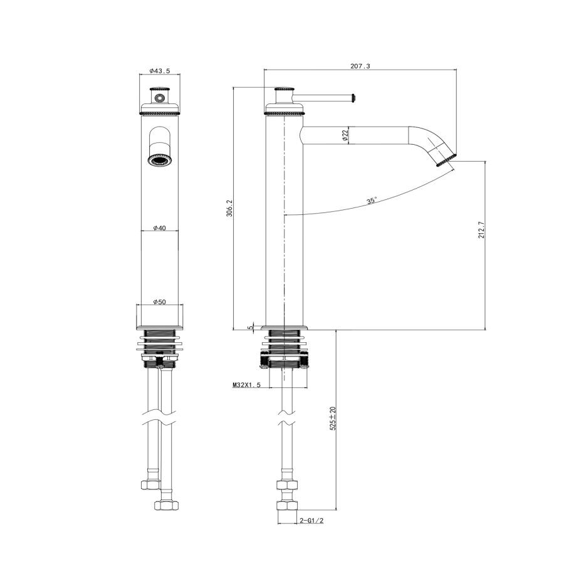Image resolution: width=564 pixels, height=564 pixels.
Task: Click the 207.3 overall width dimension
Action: pyautogui.click(x=360, y=66)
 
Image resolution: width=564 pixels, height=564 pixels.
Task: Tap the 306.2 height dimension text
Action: pyautogui.click(x=229, y=208)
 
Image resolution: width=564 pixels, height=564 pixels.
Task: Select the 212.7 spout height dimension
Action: pyautogui.click(x=481, y=230)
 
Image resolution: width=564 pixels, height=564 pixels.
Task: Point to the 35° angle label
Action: pyautogui.click(x=372, y=201)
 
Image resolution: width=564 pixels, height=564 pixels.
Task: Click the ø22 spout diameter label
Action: pyautogui.click(x=345, y=135)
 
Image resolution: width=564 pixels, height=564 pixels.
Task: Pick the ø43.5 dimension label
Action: pyautogui.click(x=159, y=71)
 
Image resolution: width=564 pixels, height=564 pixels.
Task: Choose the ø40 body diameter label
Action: pyautogui.click(x=159, y=228)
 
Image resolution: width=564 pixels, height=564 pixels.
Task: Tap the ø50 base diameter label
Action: pyautogui.click(x=159, y=301)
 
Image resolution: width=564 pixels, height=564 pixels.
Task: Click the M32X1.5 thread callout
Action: pyautogui.click(x=246, y=385)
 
